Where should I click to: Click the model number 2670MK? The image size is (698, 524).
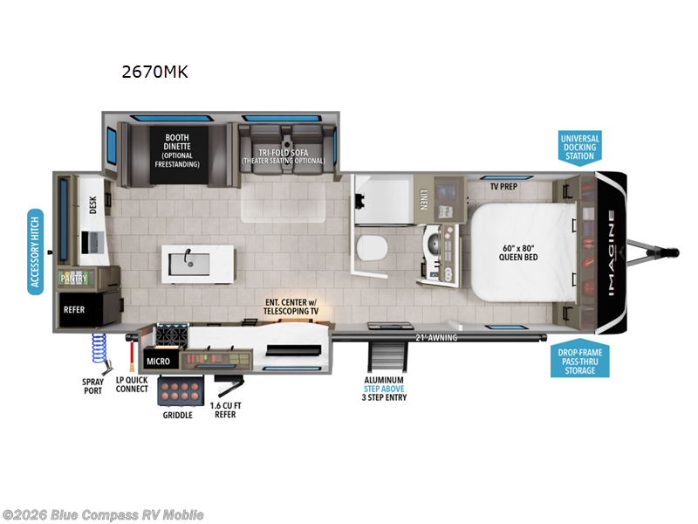click(x=154, y=72)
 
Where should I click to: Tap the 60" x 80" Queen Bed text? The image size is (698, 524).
click(x=517, y=252)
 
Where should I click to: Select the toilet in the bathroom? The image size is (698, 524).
click(x=371, y=249)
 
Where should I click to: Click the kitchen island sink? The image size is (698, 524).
click(x=186, y=259)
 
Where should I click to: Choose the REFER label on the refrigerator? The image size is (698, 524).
click(x=73, y=308)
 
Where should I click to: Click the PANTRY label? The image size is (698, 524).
click(x=73, y=278)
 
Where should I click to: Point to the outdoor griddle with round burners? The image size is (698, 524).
click(x=181, y=390)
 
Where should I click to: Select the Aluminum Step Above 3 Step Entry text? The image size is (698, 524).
click(x=385, y=389)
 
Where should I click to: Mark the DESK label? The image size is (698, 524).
click(x=92, y=203)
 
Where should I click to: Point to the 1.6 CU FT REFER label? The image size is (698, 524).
click(x=230, y=410)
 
